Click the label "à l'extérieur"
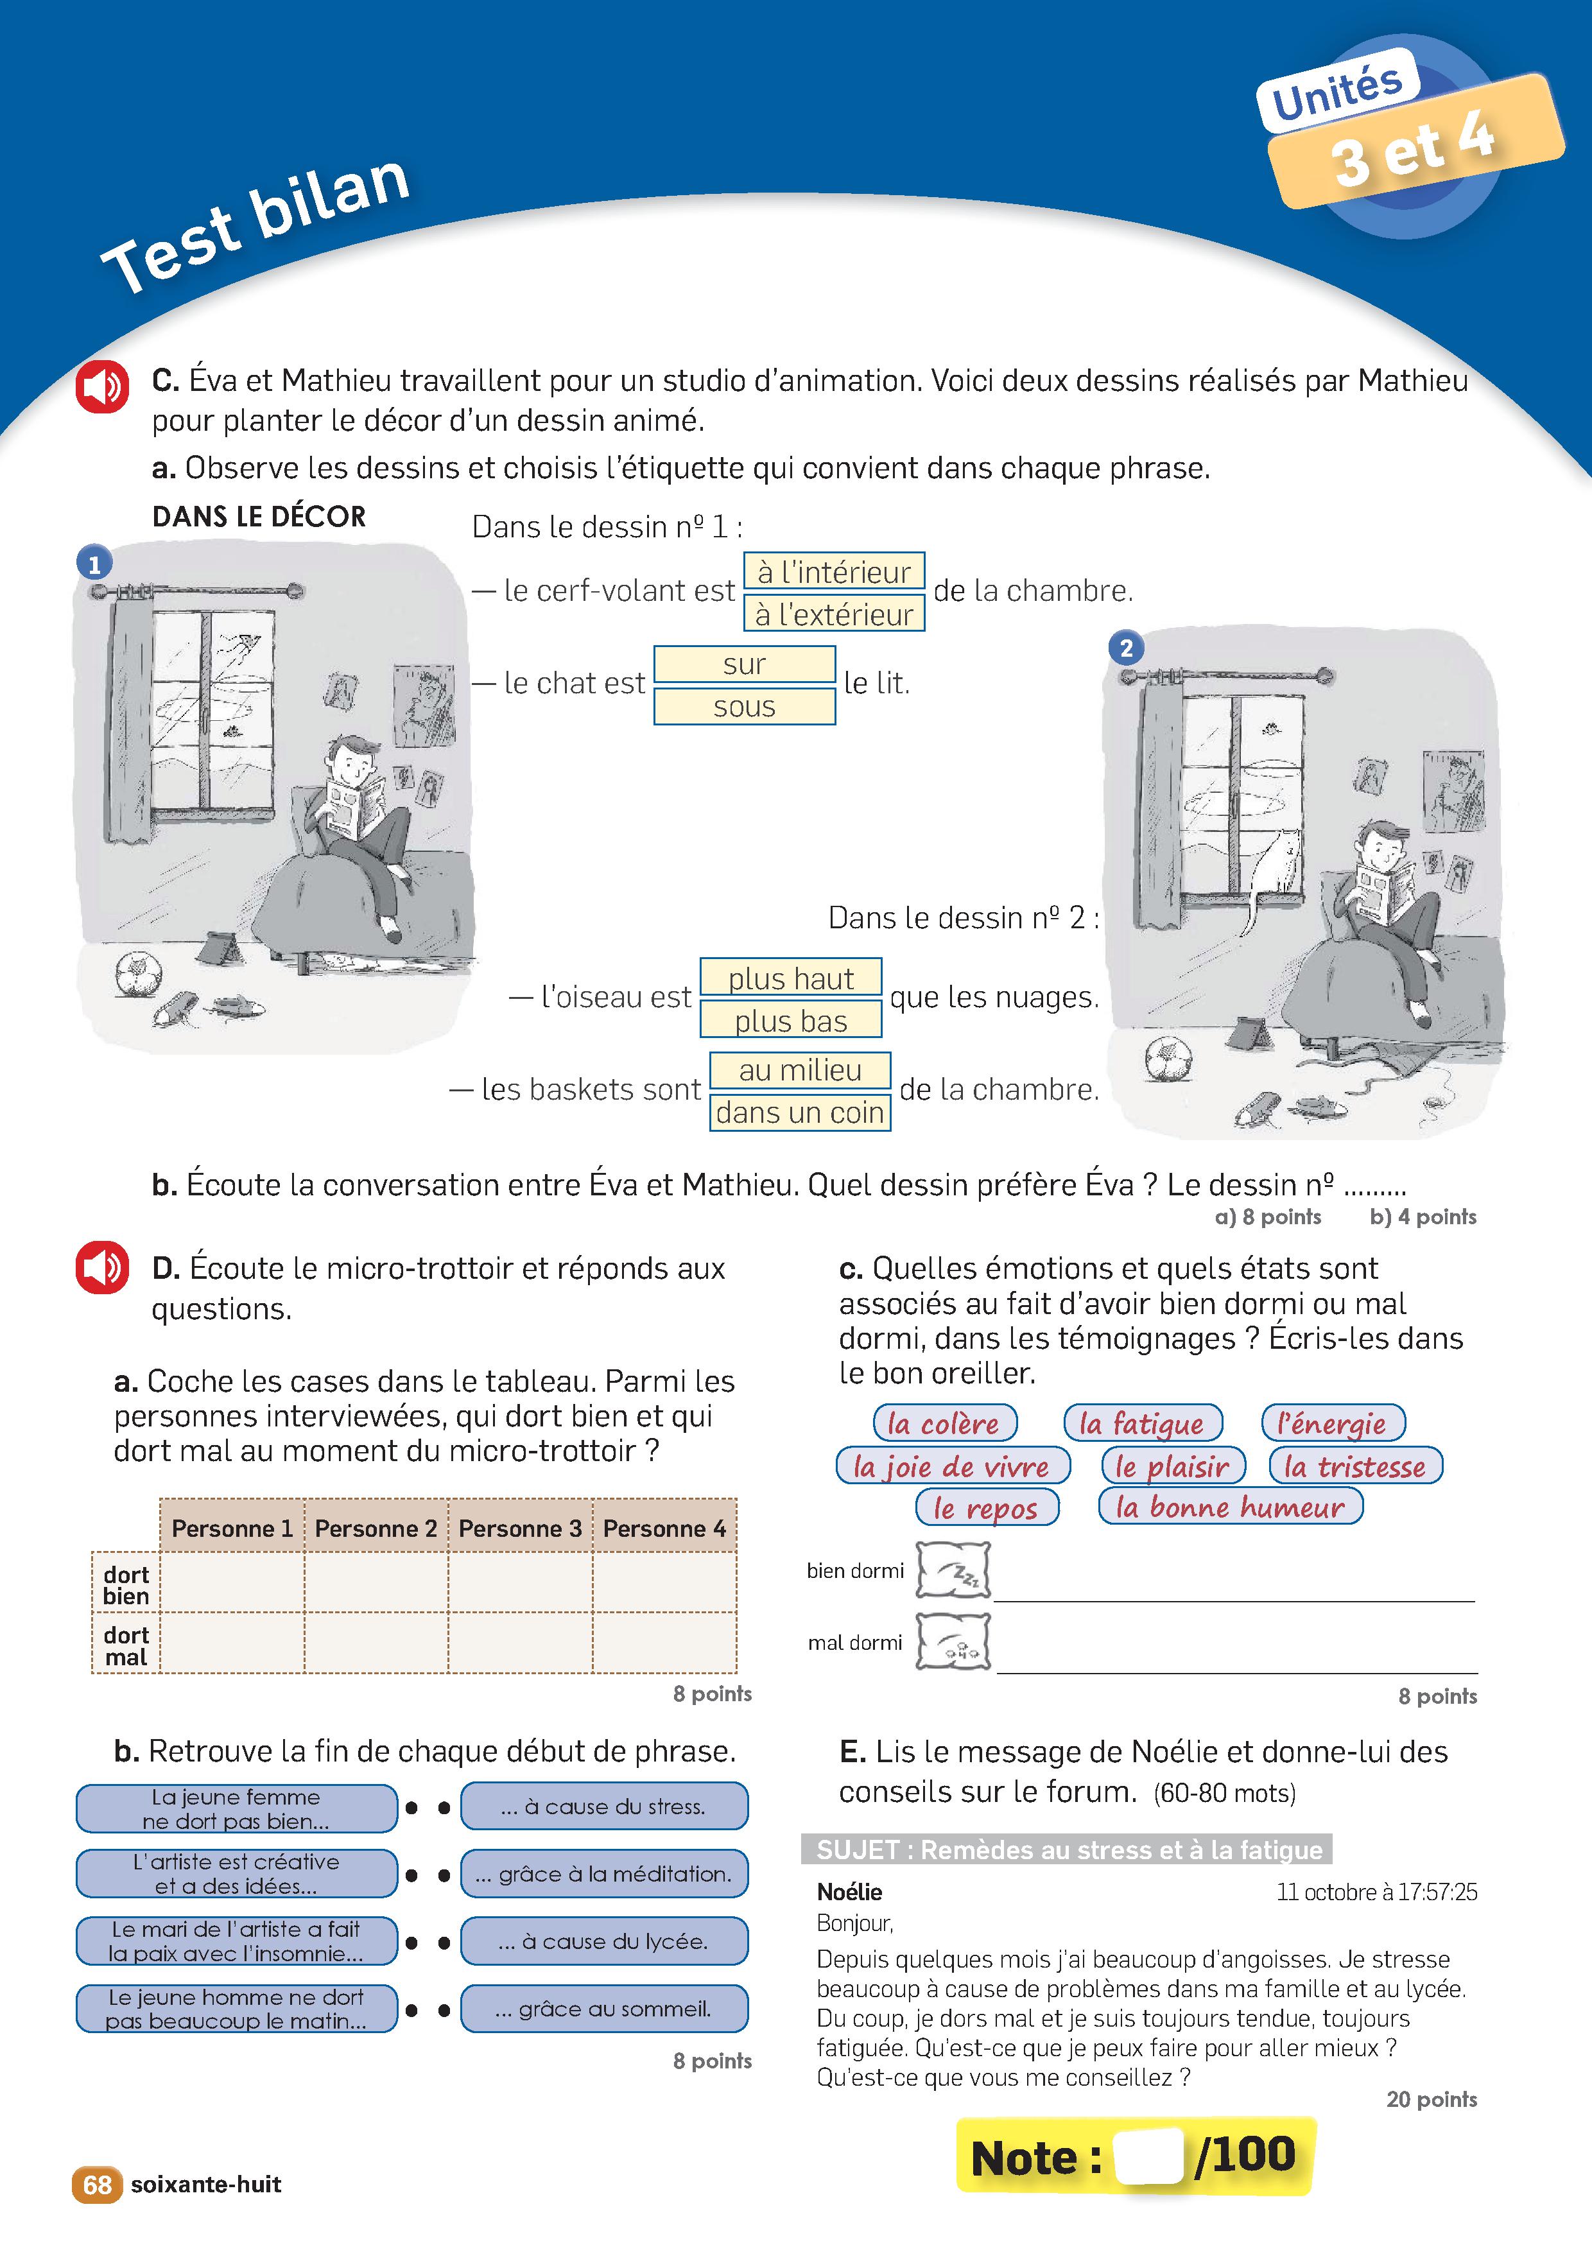tap(834, 614)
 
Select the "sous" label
tap(745, 706)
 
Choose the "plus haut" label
tap(791, 978)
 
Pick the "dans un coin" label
tap(799, 1113)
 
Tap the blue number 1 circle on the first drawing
tap(94, 564)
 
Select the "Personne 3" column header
tap(520, 1528)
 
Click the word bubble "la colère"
tap(944, 1423)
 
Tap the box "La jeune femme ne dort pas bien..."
tap(236, 1808)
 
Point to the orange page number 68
tap(96, 2185)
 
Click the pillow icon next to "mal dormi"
tap(953, 1642)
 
